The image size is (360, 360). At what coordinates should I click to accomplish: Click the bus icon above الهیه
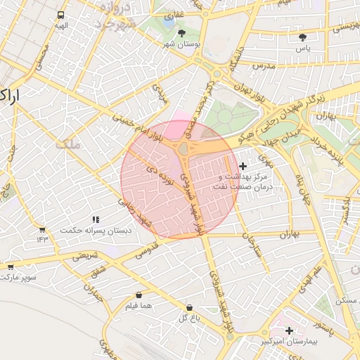[x=62, y=15]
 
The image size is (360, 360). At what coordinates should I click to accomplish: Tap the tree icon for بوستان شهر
[x=183, y=33]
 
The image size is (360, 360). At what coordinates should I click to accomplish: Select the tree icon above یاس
[x=303, y=37]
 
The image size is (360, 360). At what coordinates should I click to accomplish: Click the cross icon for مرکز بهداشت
[x=243, y=166]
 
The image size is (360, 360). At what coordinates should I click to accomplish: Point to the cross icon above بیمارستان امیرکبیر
[x=289, y=330]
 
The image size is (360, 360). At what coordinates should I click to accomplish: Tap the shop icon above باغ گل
[x=190, y=308]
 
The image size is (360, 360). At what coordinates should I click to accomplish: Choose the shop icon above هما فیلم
[x=139, y=295]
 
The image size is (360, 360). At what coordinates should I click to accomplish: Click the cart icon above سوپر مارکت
[x=11, y=267]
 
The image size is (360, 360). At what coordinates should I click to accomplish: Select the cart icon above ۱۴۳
[x=42, y=229]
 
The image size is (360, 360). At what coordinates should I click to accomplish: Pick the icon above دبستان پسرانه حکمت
[x=96, y=220]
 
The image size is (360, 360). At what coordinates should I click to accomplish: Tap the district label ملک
[x=70, y=144]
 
